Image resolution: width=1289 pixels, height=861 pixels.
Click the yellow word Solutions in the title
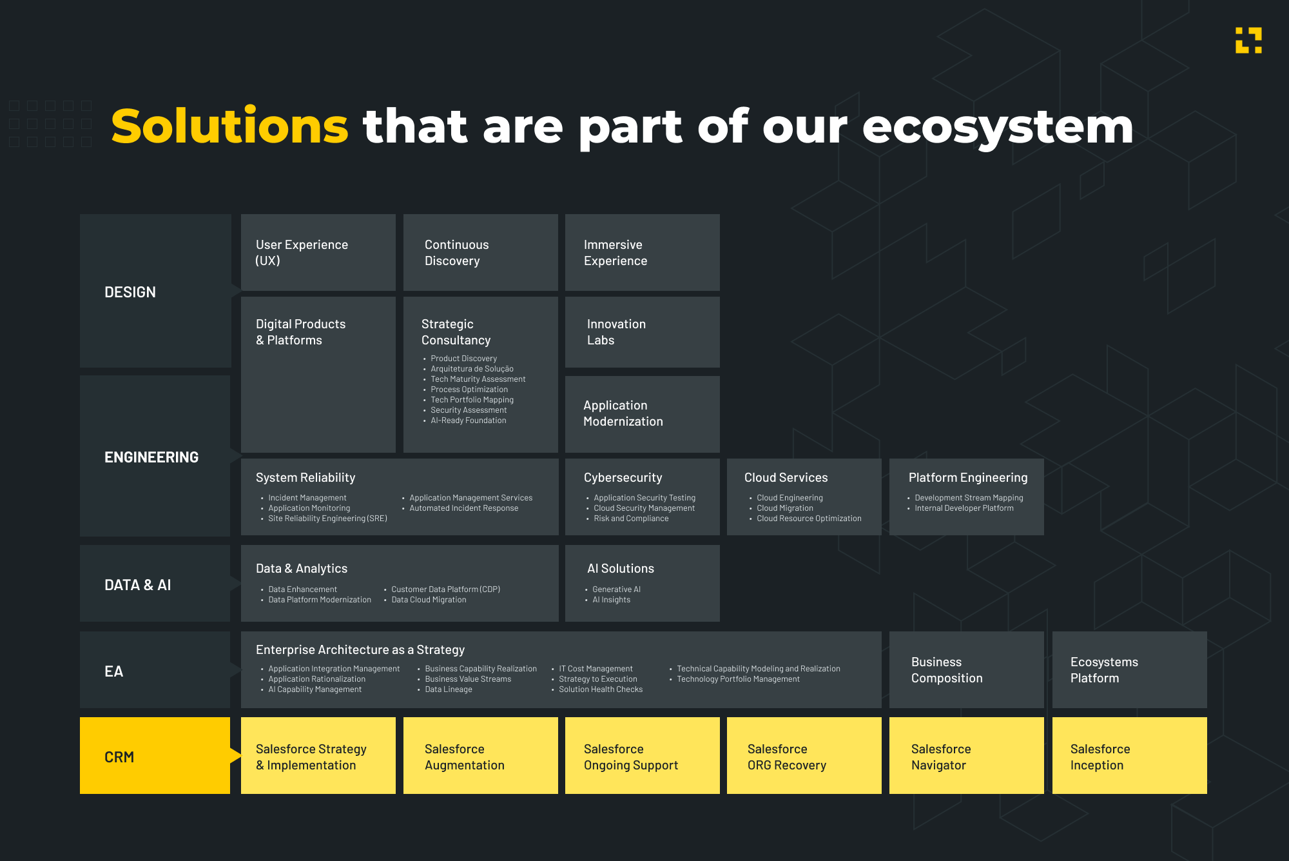230,126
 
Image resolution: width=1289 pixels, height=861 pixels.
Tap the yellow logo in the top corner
1248,40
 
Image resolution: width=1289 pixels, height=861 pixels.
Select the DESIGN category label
130,292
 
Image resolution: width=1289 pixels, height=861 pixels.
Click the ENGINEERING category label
151,457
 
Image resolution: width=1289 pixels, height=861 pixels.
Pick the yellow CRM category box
155,755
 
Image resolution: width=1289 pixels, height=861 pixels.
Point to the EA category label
113,671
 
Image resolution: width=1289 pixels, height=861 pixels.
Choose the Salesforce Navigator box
967,755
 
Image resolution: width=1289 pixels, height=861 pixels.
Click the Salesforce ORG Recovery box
804,755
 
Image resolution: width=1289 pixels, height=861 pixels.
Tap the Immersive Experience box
643,252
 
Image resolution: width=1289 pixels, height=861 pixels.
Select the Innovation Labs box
643,332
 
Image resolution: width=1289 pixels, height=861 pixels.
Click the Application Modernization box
643,414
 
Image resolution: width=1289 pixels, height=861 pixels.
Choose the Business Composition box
967,669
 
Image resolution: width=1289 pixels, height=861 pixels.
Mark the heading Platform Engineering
968,477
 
